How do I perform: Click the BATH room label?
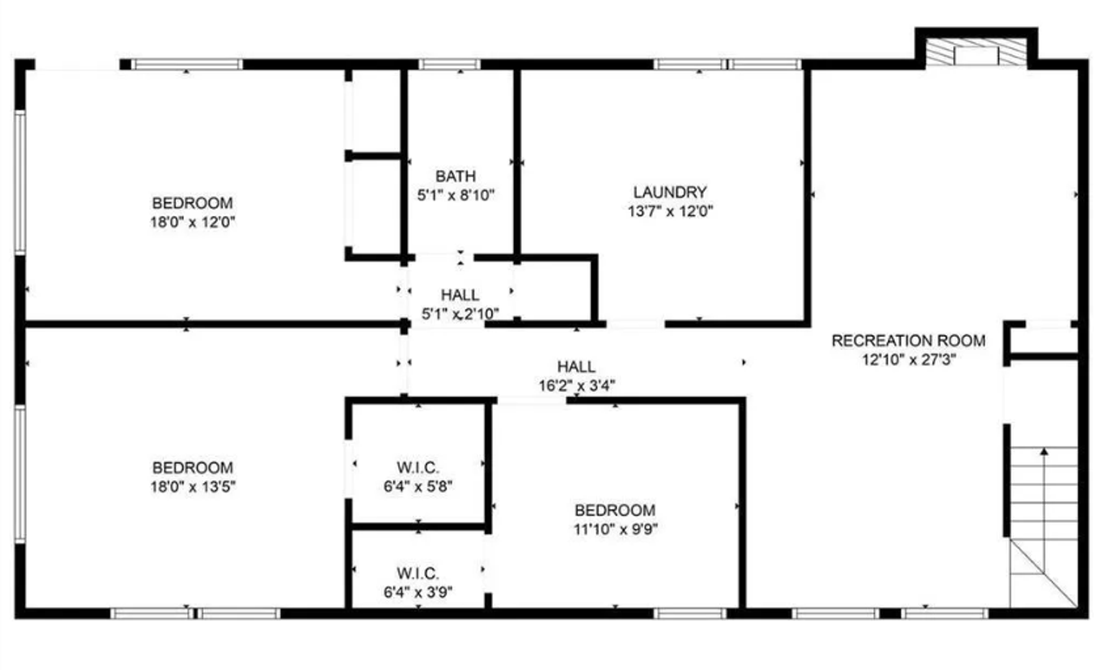[x=456, y=176]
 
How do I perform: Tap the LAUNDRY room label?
[x=670, y=192]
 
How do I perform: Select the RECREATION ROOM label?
[x=908, y=341]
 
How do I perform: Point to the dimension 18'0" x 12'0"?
[x=192, y=222]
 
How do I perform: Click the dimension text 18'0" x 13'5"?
[x=192, y=487]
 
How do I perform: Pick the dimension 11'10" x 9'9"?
[x=615, y=529]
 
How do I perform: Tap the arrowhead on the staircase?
[x=1044, y=451]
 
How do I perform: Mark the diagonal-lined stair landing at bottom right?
[x=1043, y=573]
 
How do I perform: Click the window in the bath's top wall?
[x=449, y=65]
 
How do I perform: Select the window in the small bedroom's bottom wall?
[x=690, y=614]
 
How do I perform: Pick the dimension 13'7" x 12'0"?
[x=670, y=212]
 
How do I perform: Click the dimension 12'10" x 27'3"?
[x=908, y=360]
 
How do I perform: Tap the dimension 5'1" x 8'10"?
[x=456, y=195]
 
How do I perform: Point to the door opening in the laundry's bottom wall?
[x=636, y=323]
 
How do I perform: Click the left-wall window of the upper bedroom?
[x=20, y=182]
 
